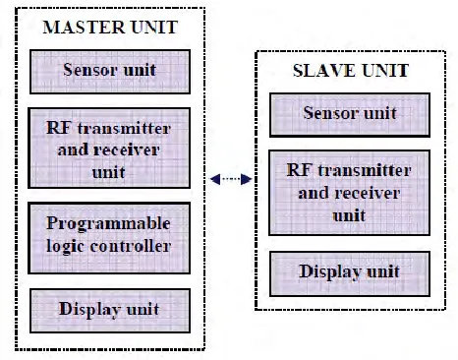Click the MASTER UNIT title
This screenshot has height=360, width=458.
click(110, 28)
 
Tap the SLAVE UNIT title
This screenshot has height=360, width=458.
click(351, 71)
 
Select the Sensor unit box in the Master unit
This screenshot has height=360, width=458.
click(110, 72)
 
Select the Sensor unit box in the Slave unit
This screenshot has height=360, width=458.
click(350, 115)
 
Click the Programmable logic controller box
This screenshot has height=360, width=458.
click(109, 238)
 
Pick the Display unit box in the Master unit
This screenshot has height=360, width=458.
click(110, 311)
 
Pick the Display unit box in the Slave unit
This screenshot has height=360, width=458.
click(350, 273)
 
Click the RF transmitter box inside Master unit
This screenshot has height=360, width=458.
click(109, 148)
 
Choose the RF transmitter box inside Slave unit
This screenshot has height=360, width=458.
click(349, 193)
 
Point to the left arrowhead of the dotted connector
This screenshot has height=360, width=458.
click(215, 179)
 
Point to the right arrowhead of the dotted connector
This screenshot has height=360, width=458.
click(247, 179)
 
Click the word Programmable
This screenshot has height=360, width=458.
click(108, 224)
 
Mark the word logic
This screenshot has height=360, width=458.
click(66, 247)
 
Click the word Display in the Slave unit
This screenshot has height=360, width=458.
click(329, 272)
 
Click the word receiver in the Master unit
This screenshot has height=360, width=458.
click(127, 150)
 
